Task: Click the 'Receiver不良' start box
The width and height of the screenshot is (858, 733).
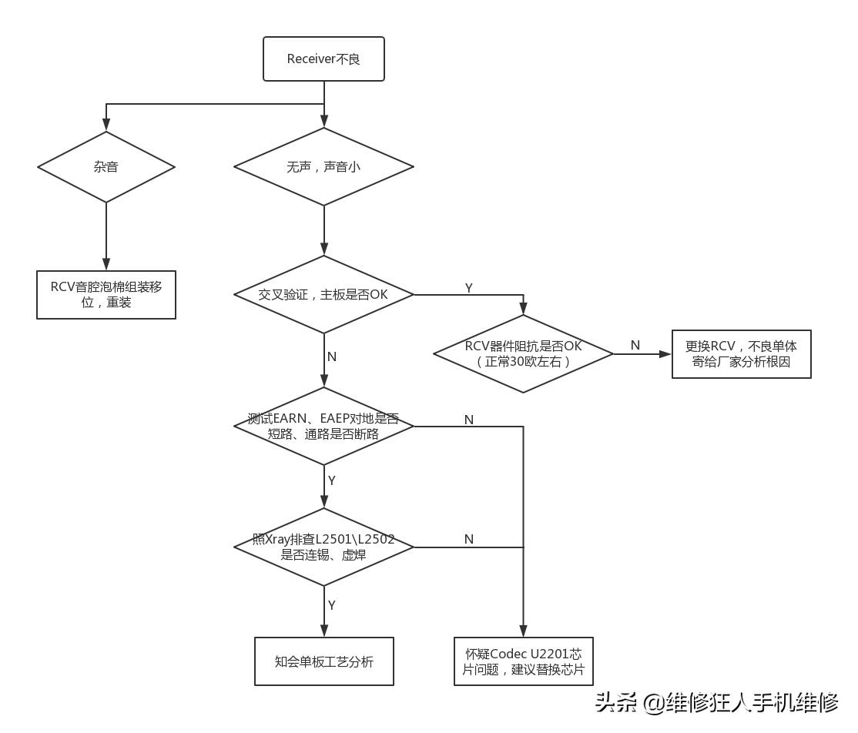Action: [x=323, y=59]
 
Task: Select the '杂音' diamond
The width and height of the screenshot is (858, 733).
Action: [x=106, y=166]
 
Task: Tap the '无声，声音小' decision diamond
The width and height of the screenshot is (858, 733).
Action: [x=323, y=166]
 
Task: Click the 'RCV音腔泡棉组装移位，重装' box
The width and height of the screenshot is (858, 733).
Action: [x=106, y=294]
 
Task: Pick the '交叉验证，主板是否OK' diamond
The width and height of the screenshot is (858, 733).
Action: [x=323, y=294]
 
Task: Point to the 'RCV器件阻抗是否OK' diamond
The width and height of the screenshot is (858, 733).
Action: [x=523, y=353]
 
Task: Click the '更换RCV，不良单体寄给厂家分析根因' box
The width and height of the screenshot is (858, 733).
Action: [x=741, y=354]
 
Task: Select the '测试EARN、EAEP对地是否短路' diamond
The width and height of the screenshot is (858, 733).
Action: [x=323, y=426]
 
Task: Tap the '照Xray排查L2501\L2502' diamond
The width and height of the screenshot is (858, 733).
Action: [x=323, y=547]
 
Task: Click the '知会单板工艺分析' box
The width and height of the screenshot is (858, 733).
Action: [x=323, y=661]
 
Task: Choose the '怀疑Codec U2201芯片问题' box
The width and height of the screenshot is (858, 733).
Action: [x=523, y=661]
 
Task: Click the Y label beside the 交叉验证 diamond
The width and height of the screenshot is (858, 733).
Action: [x=469, y=288]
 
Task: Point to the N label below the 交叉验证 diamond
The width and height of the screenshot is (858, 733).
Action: [x=332, y=356]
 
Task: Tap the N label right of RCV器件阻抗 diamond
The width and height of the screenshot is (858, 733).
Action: [x=635, y=346]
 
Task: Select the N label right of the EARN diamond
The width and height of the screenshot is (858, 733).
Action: [x=469, y=420]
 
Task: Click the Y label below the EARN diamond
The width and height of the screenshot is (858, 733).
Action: [x=332, y=480]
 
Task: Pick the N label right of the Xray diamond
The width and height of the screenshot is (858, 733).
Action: [x=469, y=539]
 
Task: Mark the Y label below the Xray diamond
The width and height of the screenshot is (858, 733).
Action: [x=332, y=605]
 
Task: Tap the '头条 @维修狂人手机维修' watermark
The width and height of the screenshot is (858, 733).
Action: [x=716, y=702]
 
